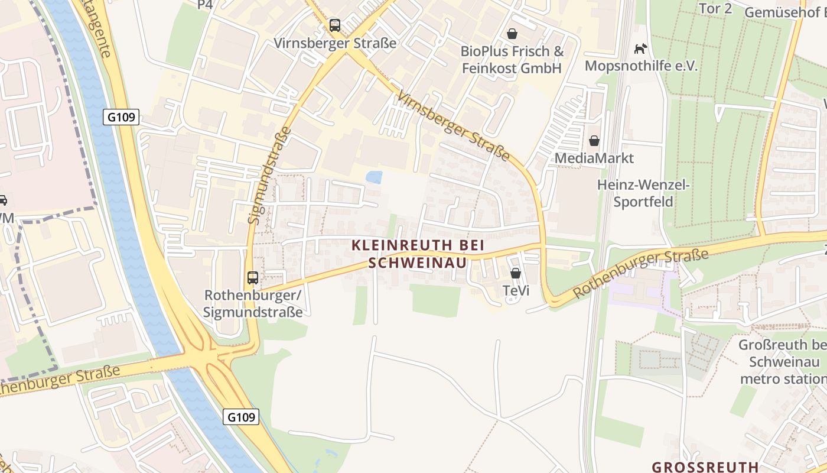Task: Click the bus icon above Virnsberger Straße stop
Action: pos(335,25)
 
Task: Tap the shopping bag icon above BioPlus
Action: pos(512,34)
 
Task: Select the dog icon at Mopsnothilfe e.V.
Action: pos(640,48)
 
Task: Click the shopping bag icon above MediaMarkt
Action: pos(594,141)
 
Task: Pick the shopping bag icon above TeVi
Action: pos(516,273)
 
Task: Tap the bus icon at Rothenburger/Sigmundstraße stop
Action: pos(253,277)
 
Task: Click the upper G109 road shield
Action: pos(122,117)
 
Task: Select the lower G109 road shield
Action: pos(242,417)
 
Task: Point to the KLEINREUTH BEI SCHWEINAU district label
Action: pos(418,254)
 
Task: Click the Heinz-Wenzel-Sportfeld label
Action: pos(643,193)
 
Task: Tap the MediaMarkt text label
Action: pos(594,158)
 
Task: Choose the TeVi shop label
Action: pos(516,291)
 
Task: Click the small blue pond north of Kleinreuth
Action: pos(374,177)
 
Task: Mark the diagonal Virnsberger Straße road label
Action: pos(453,125)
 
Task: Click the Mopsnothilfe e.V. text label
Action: pos(641,66)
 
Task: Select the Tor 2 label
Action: pos(715,8)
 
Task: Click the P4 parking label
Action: pos(204,5)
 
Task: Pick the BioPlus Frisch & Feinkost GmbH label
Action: pos(512,60)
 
